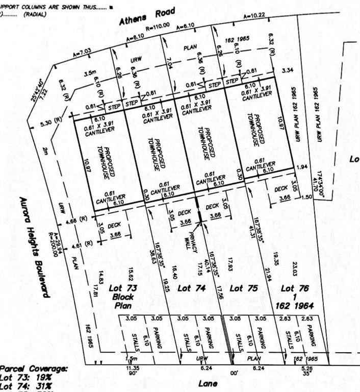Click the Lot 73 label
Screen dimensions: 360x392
121,288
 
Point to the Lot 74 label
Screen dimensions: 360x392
191,288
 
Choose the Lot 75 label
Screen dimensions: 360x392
242,288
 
